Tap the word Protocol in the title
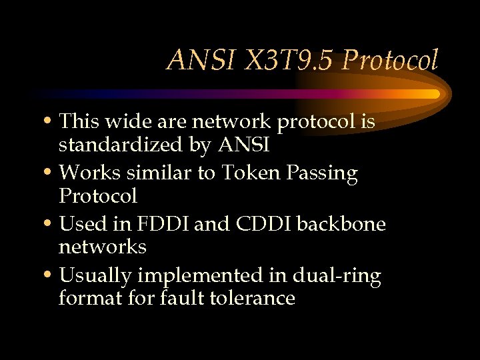(390, 61)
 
